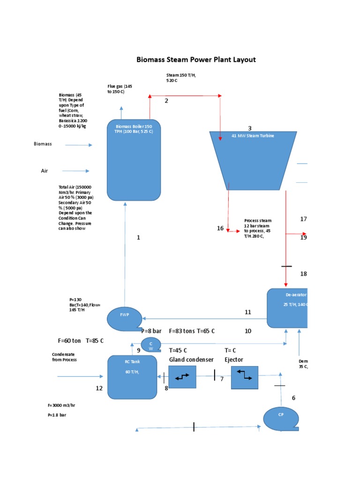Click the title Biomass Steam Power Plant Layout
196,60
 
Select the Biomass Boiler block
134,160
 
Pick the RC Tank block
132,377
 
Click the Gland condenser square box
182,376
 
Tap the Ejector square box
245,376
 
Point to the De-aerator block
287,308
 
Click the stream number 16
220,228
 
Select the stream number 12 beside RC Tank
99,388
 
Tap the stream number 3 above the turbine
250,128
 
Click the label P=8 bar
151,331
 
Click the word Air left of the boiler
45,171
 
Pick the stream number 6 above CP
293,398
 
